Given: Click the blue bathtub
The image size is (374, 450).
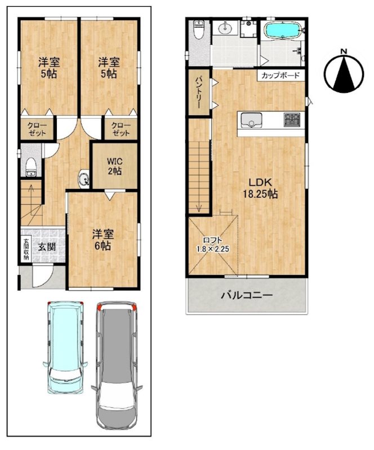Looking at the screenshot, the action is click(283, 30).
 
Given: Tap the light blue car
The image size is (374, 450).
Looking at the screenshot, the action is click(65, 347).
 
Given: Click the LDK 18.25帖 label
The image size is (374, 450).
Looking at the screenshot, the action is click(260, 188).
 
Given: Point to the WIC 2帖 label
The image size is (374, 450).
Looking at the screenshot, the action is click(115, 166).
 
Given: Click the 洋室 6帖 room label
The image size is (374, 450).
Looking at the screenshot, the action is click(103, 240).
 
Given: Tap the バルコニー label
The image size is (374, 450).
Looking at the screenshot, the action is click(247, 295).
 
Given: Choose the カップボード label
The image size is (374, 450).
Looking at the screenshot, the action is click(280, 75).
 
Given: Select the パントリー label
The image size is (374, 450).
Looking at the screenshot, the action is click(199, 92).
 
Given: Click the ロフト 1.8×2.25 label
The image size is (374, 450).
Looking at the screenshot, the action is click(212, 245).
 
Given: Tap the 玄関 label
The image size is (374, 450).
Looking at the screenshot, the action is click(47, 246).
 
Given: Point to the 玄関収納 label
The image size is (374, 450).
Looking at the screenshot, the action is click(26, 249).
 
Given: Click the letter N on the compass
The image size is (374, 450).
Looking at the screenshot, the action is click(344, 52).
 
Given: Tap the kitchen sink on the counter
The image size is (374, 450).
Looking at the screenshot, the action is click(251, 120).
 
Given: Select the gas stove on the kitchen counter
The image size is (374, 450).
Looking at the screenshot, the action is click(292, 120).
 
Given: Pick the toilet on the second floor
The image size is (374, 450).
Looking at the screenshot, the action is click(199, 29).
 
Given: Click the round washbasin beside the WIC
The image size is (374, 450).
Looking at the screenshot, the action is click(84, 179).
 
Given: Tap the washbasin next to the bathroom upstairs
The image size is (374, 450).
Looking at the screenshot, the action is click(226, 28).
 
